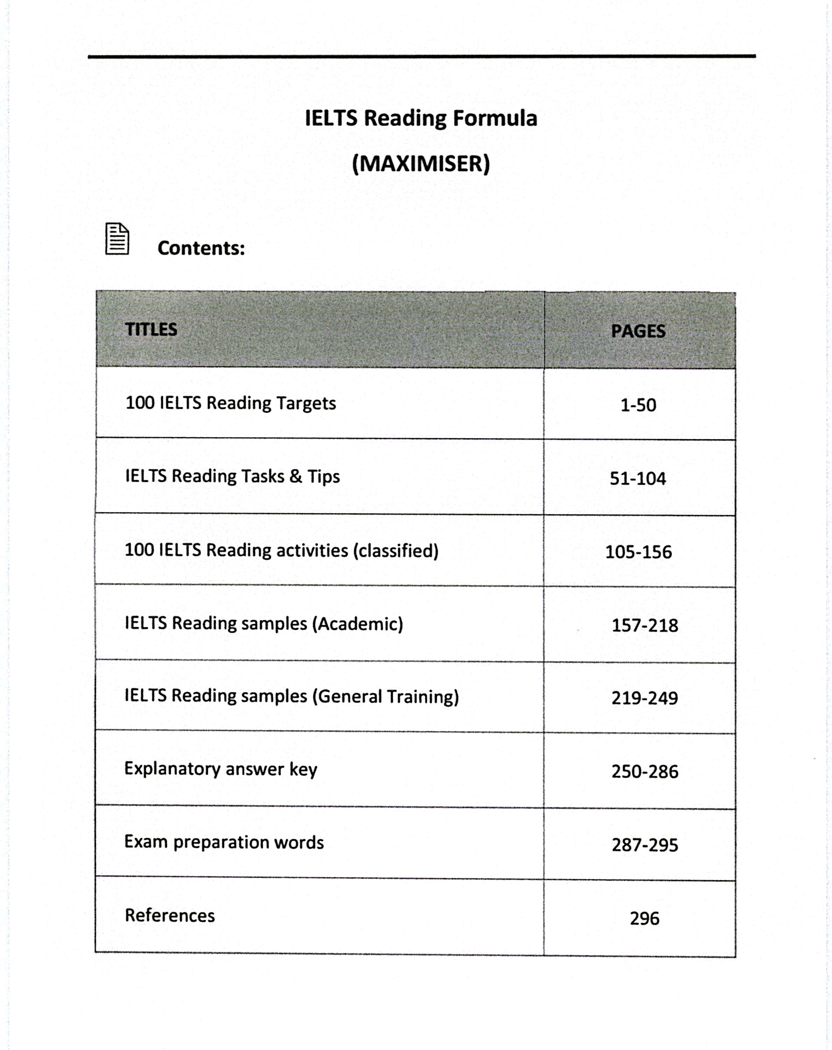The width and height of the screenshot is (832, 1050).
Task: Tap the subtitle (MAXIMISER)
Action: [x=421, y=164]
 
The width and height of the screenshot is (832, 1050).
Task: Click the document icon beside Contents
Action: [x=117, y=239]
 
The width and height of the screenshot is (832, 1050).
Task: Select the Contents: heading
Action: [x=201, y=248]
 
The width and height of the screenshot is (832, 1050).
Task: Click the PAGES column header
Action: [x=638, y=331]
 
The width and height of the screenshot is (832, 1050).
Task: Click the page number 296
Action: [x=644, y=918]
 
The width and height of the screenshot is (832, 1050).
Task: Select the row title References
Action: [x=169, y=916]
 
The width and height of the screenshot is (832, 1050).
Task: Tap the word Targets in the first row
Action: [x=306, y=404]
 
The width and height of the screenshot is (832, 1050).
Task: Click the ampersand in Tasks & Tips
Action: [x=296, y=476]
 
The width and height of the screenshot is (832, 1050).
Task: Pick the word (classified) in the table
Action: [x=396, y=551]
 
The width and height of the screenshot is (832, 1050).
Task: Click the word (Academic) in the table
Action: [x=357, y=624]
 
